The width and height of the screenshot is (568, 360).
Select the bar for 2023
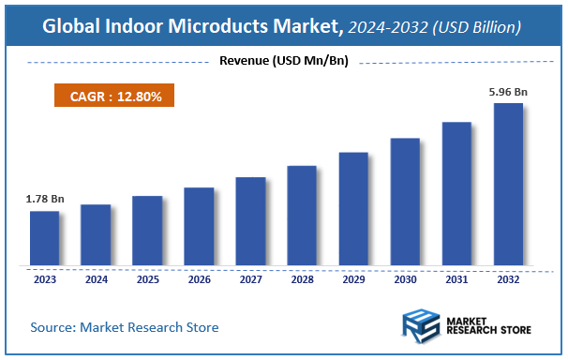point(44,238)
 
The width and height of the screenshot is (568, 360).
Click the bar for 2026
point(199,226)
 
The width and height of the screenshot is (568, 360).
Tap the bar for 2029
point(353,208)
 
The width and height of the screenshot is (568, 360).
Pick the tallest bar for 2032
point(508,184)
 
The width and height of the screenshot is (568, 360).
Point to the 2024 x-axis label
point(96,278)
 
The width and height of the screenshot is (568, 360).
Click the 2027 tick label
point(250,278)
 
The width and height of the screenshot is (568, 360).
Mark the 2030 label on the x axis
point(405,278)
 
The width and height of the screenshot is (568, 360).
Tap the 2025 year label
point(147,278)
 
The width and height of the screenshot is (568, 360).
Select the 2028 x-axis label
point(302,278)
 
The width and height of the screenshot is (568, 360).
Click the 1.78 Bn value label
point(44,199)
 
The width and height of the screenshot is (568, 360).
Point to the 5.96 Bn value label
point(507,92)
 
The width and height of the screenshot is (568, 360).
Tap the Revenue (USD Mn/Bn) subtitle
point(284,63)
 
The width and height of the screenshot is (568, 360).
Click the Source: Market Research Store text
point(125,327)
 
